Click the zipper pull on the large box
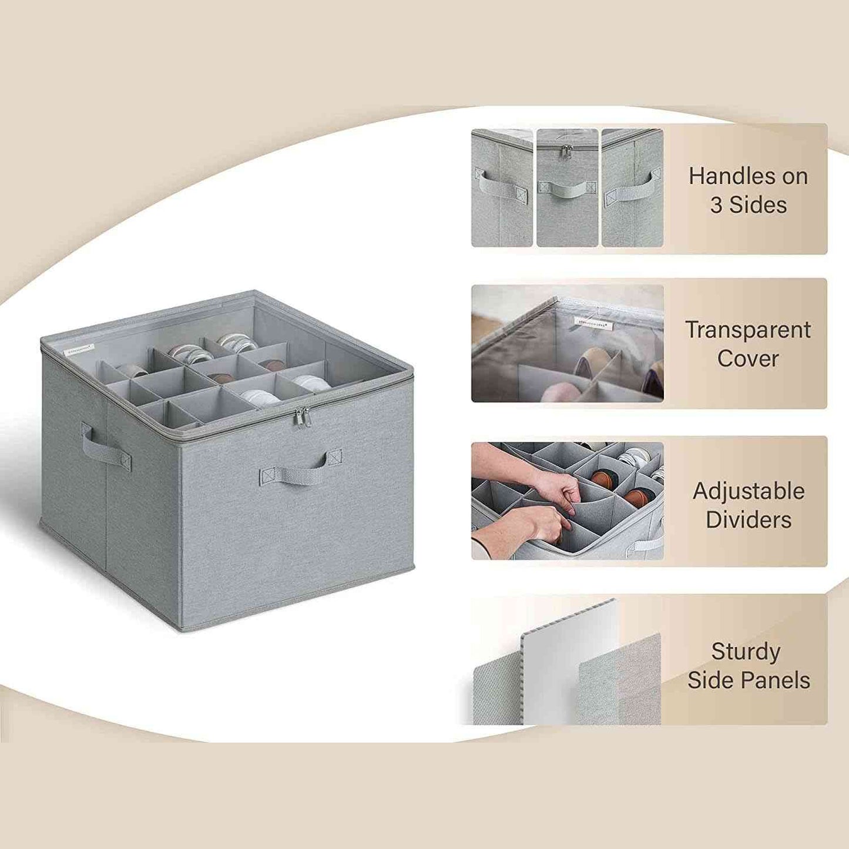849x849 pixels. (301, 418)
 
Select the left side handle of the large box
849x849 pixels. (105, 449)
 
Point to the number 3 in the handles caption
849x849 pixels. (716, 205)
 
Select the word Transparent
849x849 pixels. (747, 330)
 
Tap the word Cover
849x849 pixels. (747, 359)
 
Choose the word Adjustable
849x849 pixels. (749, 491)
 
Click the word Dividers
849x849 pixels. (749, 520)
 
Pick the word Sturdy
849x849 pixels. (746, 652)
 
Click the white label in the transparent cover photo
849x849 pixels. (593, 322)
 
